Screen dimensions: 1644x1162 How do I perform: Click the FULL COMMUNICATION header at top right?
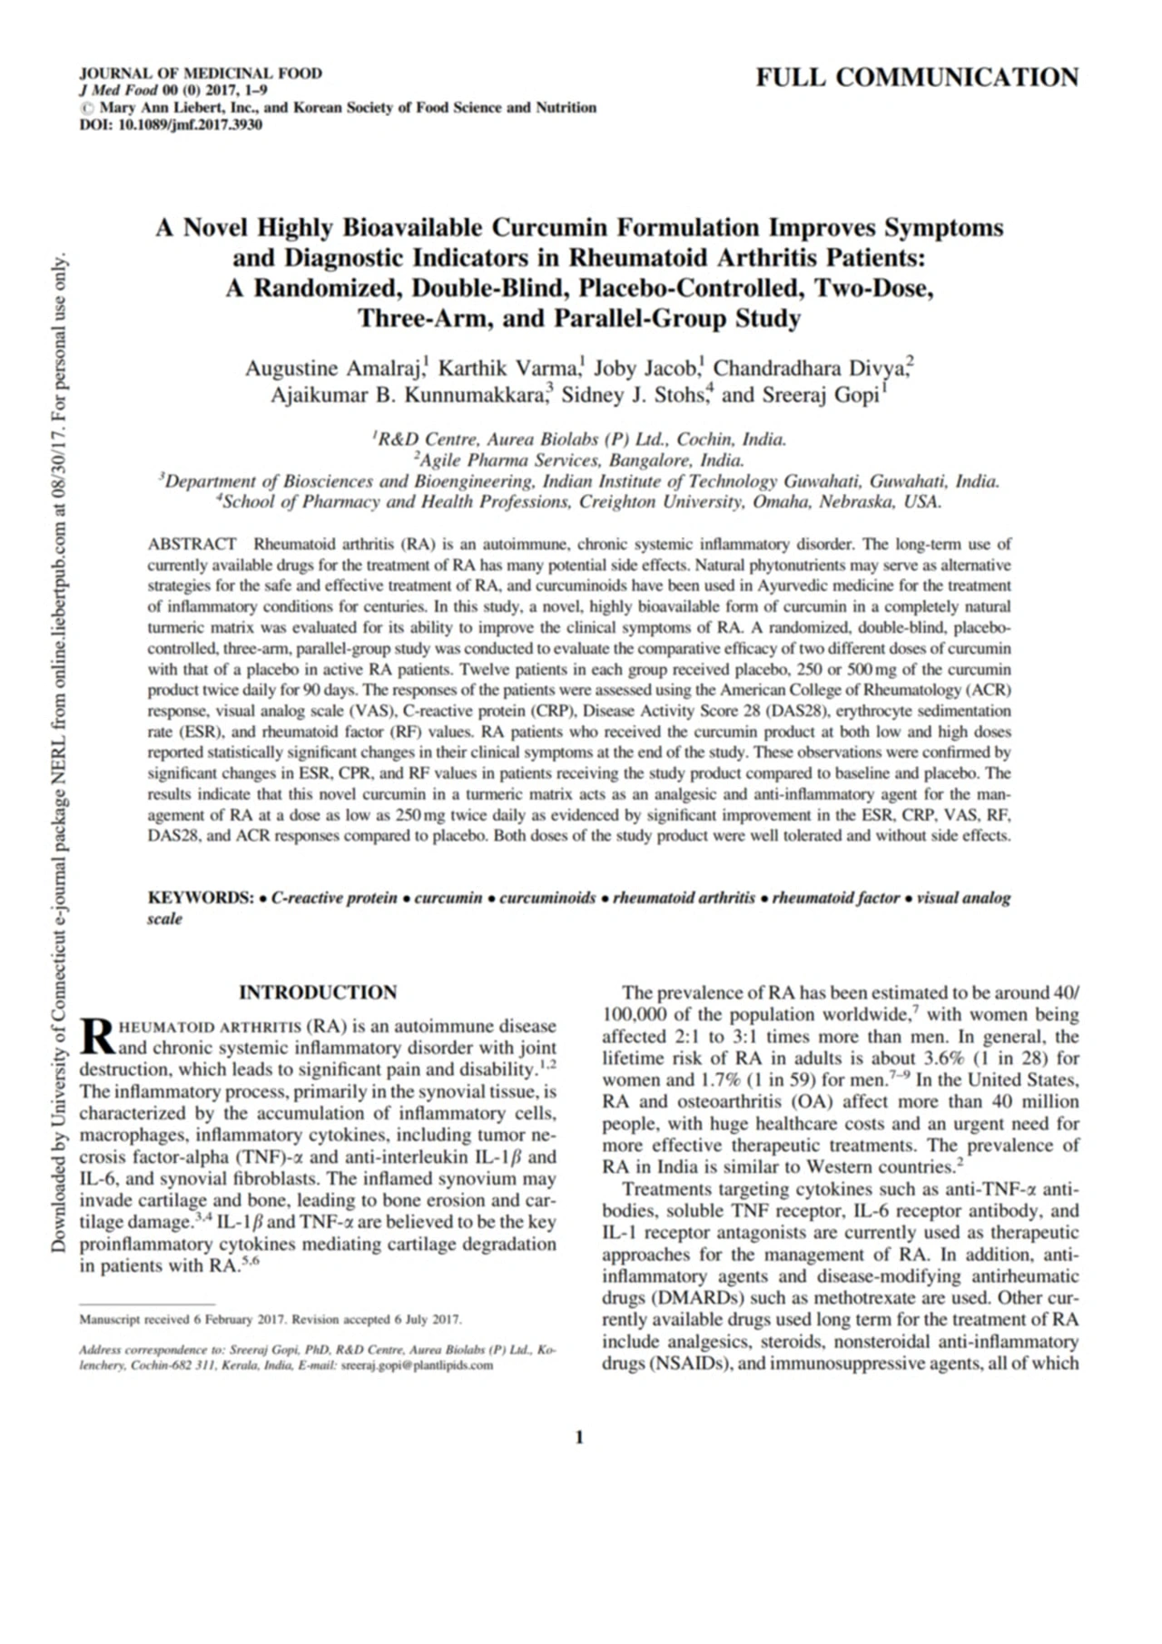click(x=917, y=78)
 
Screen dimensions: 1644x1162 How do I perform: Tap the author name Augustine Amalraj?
click(x=332, y=369)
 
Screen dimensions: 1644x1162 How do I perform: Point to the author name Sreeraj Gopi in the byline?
click(x=820, y=395)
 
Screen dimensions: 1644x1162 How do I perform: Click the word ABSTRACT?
click(x=192, y=545)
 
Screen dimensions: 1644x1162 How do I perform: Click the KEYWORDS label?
click(x=200, y=898)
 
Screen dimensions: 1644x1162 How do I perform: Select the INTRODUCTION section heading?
click(x=318, y=992)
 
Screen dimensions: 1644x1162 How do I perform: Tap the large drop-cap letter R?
click(x=96, y=1036)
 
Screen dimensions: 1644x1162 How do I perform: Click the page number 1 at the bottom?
click(x=579, y=1437)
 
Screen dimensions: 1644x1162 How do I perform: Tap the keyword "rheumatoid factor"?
click(x=835, y=898)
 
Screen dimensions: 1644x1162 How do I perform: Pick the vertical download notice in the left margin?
click(x=59, y=753)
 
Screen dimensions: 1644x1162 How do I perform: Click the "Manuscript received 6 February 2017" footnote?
click(x=271, y=1319)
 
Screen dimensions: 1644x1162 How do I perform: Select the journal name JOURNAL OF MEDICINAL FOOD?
click(x=201, y=74)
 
